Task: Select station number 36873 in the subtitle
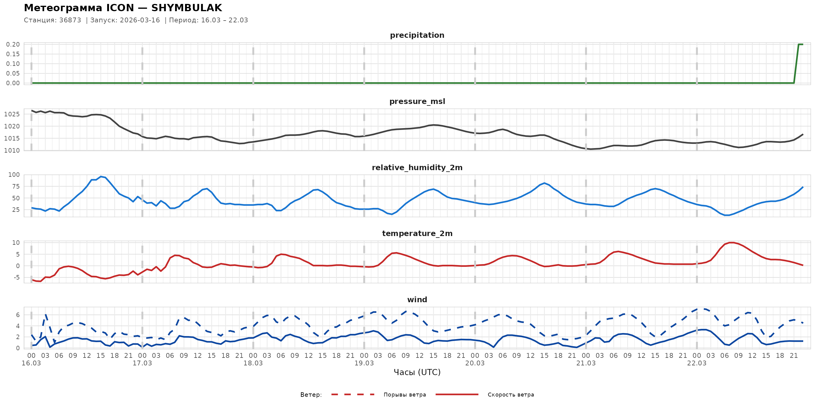[70, 20]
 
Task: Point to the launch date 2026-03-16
[140, 20]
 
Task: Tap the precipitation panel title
[417, 35]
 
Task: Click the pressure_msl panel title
[417, 101]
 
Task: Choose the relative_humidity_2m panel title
[417, 167]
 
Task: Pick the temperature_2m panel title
[417, 233]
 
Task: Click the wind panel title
[417, 300]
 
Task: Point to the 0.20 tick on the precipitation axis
[13, 44]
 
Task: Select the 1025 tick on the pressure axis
[12, 114]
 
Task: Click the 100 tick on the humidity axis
[14, 175]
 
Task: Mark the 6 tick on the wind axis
[18, 315]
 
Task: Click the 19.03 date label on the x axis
[364, 363]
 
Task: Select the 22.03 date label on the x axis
[696, 363]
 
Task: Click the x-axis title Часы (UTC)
[417, 372]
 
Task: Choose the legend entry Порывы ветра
[404, 395]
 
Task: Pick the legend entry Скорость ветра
[510, 395]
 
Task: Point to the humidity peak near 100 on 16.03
[101, 176]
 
